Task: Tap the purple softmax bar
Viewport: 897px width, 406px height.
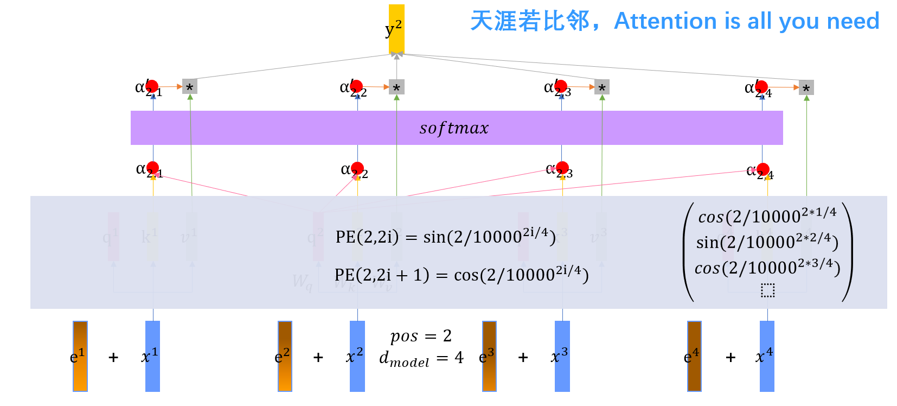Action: click(x=456, y=128)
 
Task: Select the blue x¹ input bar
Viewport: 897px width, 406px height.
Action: click(x=152, y=356)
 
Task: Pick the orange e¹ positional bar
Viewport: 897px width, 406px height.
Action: click(x=80, y=356)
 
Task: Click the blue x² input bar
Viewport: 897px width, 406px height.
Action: click(x=357, y=356)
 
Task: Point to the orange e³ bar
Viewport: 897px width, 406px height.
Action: click(x=489, y=356)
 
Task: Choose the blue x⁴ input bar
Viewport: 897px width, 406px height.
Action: click(x=767, y=356)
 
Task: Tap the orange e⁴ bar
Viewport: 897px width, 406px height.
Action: click(x=694, y=356)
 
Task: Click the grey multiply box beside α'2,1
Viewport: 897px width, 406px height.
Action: click(x=189, y=87)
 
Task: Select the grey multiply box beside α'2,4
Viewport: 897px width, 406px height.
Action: click(x=806, y=88)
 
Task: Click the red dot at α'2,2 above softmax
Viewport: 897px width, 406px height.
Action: click(x=356, y=86)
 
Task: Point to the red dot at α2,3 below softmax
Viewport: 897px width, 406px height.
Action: click(x=562, y=168)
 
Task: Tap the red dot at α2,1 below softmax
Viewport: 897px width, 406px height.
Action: click(x=152, y=168)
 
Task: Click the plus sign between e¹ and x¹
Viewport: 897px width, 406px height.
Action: click(x=113, y=357)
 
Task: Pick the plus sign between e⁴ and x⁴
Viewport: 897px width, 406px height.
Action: click(x=731, y=357)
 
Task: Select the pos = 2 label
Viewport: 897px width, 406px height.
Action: click(x=421, y=336)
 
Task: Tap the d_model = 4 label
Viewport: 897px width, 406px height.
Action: click(x=421, y=359)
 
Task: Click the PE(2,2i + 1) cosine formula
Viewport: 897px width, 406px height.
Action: click(x=462, y=275)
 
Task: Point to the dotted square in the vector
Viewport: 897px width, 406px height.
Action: click(x=767, y=290)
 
